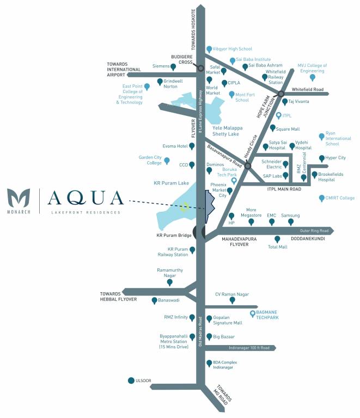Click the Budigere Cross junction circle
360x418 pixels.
pos(200,69)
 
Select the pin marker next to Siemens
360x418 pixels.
pos(173,67)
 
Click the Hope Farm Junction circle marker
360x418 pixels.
pos(281,94)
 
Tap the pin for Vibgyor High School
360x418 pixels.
pos(209,49)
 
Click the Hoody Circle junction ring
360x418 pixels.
pos(248,165)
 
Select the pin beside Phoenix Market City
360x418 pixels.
pos(230,191)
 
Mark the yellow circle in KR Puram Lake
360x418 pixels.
pos(185,207)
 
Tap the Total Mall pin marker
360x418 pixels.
pos(277,239)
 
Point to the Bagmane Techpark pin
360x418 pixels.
pos(252,313)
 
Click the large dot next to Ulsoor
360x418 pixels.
pos(131,381)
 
